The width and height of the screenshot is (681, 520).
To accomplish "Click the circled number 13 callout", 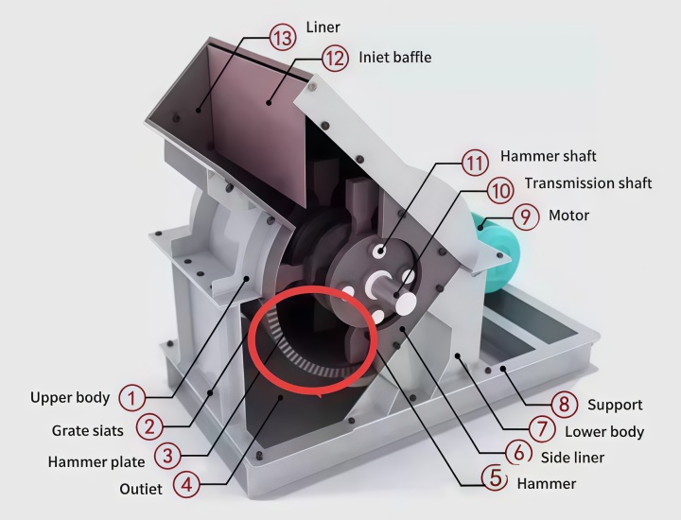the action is point(283,38).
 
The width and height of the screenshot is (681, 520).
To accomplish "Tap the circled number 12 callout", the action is point(335,59).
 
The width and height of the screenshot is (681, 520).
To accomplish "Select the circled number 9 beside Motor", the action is point(526,217).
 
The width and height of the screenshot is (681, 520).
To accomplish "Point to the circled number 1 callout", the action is point(131,398).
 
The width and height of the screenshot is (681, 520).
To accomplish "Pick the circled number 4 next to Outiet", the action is point(186,484).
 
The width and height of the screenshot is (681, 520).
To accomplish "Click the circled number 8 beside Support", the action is point(564,405).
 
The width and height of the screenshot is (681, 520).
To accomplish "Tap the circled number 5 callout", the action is point(495,477).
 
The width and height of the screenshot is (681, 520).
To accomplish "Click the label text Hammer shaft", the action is point(548,156).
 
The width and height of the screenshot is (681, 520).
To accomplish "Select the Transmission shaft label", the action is point(588,183).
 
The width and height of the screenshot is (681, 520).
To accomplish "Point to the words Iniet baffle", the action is point(395,58).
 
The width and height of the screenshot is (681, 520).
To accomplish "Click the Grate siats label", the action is point(88,430).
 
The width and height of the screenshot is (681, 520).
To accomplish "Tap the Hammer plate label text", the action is point(96,461).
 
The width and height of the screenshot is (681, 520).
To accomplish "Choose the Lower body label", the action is point(604,431).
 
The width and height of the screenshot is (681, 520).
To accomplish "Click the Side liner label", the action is point(572,457).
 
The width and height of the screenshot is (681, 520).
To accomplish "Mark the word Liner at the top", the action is point(323,27).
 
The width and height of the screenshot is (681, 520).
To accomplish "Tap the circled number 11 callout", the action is point(474,164).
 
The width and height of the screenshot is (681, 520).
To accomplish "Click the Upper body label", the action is point(70,398).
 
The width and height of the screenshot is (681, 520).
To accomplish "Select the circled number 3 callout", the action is point(167,456).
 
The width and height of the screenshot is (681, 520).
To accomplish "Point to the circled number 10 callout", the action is point(500,191).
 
